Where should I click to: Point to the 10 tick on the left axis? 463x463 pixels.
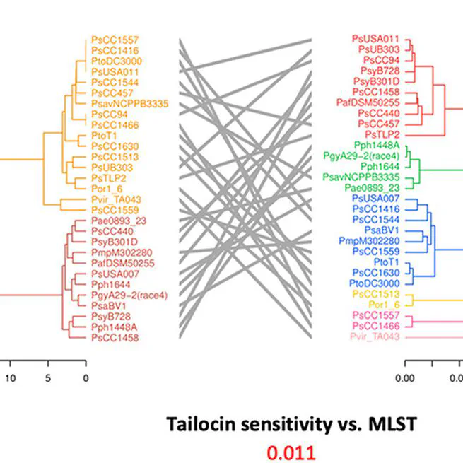10,378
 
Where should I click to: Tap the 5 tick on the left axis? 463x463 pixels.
48,378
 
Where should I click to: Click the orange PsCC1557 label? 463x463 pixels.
115,40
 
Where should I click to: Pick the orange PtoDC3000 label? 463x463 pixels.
117,61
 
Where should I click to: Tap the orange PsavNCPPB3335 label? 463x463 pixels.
129,103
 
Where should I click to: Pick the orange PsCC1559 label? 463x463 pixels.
115,210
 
